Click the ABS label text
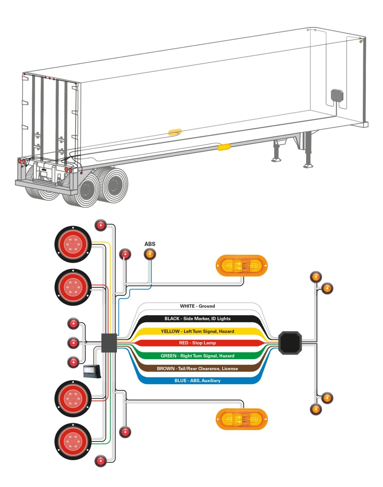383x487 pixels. pos(150,244)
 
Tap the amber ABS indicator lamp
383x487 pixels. pos(150,254)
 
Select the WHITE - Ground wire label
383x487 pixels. pos(197,306)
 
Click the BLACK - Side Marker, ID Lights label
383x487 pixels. pos(197,319)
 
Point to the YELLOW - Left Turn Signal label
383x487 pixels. pos(197,331)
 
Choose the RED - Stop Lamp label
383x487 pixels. pos(197,343)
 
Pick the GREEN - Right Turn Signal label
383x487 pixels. pos(197,356)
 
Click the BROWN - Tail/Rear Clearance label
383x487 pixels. pos(197,368)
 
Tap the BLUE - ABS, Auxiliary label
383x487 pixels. pos(197,380)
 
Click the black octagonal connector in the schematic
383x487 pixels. pos(290,343)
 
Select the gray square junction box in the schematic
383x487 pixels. pos(109,343)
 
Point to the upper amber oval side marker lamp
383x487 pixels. pos(242,266)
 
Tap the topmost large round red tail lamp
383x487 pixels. pos(73,244)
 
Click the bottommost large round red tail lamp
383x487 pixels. pos(73,441)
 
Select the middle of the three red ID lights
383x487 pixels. pos(73,343)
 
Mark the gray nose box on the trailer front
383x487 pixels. pos(337,95)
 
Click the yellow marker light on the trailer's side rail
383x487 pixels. pos(224,147)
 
